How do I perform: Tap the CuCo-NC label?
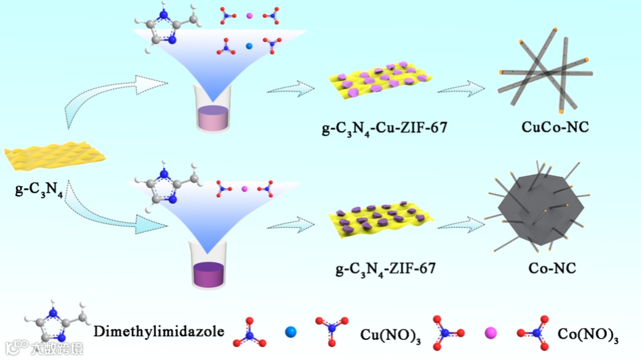(x=555, y=126)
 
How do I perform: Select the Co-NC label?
(x=552, y=269)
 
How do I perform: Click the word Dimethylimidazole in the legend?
(x=159, y=331)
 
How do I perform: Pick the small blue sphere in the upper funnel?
(x=249, y=45)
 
